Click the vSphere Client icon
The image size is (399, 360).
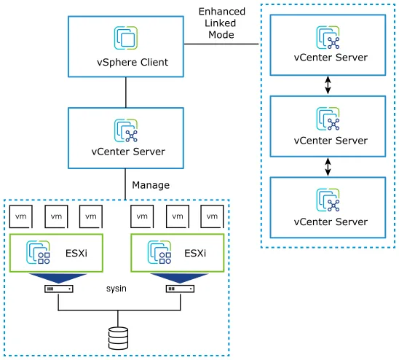[x=126, y=38]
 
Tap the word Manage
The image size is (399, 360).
[x=151, y=185]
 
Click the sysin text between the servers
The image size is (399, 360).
[x=116, y=289]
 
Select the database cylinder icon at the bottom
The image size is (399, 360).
[x=116, y=338]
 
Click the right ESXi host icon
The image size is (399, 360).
[x=160, y=252]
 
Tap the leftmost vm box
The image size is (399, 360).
[x=21, y=216]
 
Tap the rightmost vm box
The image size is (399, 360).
[x=213, y=216]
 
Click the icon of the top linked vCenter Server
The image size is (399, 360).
[x=328, y=37]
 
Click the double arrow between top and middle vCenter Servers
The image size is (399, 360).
[x=328, y=85]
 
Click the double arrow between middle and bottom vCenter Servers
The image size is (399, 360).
[x=328, y=167]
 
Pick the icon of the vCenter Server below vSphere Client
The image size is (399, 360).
[x=126, y=130]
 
